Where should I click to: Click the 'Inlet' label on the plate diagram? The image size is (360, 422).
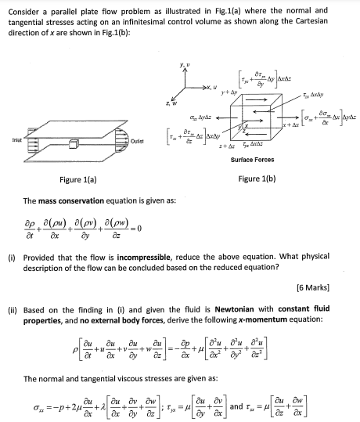(13, 142)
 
